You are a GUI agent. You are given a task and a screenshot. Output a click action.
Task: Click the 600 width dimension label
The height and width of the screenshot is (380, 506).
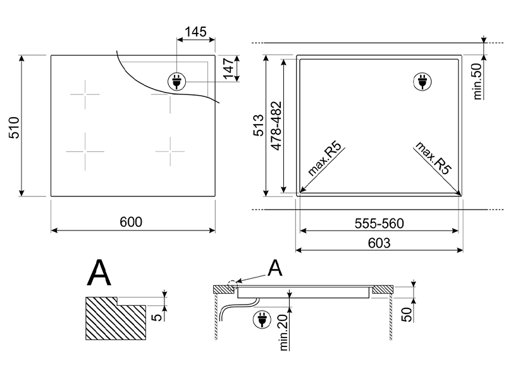click(x=131, y=222)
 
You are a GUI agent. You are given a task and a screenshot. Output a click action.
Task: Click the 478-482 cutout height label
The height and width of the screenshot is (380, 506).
click(x=276, y=127)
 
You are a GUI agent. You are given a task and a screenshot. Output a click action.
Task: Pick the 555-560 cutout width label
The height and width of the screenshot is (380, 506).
click(x=379, y=223)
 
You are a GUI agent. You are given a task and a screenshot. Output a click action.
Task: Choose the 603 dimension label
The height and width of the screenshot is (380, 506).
click(x=379, y=242)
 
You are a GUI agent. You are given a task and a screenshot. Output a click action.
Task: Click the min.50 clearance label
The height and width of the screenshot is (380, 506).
click(x=478, y=80)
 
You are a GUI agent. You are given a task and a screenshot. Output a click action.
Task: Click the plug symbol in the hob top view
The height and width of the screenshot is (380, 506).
click(x=175, y=80)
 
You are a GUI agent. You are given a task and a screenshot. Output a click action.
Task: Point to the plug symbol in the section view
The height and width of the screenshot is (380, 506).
click(x=260, y=320)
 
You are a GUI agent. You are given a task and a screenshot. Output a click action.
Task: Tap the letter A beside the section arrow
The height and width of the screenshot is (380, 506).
click(x=275, y=269)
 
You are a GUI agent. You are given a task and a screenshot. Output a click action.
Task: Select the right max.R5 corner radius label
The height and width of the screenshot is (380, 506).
click(x=433, y=158)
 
